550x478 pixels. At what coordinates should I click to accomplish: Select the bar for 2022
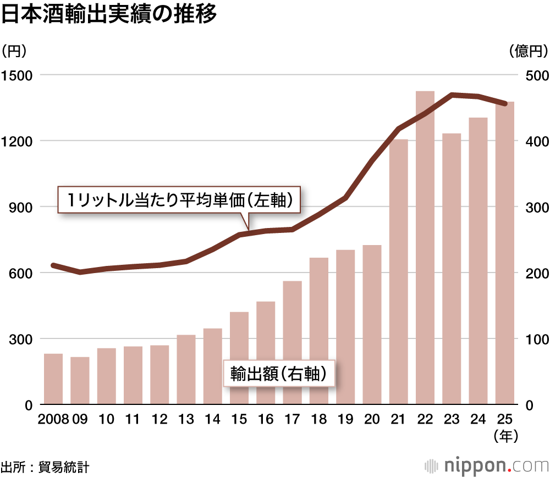425,247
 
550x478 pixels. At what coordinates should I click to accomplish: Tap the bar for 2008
53,379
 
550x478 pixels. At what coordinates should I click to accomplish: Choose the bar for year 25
505,253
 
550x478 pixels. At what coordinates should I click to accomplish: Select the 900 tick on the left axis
19,207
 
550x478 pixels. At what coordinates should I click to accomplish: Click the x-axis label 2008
53,420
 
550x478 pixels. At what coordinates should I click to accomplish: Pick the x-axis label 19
345,420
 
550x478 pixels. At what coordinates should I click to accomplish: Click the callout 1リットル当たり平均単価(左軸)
179,200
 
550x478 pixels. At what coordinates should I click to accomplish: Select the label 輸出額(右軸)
279,374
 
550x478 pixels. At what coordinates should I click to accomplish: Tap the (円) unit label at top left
14,52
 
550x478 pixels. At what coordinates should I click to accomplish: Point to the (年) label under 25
505,437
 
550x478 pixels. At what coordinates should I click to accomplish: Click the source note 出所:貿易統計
45,467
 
